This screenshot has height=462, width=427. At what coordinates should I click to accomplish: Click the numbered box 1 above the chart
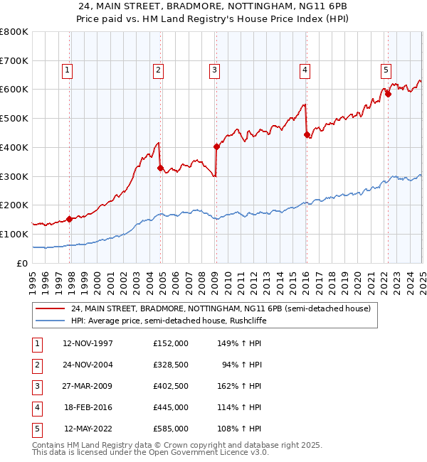[66, 70]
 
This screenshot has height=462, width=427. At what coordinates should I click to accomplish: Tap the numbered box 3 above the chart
[213, 70]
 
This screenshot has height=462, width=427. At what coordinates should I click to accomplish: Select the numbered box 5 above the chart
[385, 70]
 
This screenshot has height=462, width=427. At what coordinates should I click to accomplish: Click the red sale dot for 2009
[216, 147]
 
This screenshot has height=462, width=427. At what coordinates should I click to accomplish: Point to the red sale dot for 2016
[306, 134]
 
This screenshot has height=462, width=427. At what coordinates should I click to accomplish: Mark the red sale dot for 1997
[69, 219]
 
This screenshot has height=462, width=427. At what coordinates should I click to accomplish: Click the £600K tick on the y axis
[14, 90]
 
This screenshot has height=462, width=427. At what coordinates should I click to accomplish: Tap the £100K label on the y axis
[14, 234]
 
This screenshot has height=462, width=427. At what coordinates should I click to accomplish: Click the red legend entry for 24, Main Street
[221, 309]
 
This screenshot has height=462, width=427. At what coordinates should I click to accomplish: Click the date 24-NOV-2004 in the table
[88, 365]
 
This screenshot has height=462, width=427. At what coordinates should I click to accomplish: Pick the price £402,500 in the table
[171, 386]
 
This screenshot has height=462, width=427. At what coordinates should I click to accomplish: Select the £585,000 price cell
[171, 429]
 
